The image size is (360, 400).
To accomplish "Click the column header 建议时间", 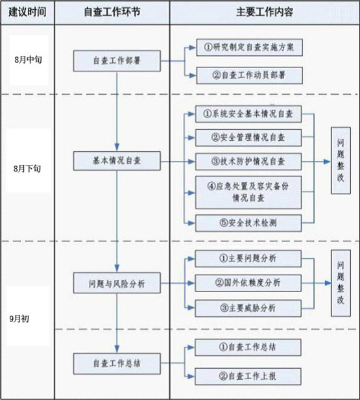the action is tap(27, 12).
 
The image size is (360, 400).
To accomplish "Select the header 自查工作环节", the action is tap(112, 12).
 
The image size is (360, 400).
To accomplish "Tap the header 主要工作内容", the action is tap(265, 12).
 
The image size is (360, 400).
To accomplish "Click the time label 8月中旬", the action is tap(28, 60).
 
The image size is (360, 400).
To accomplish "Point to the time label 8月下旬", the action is tap(27, 168).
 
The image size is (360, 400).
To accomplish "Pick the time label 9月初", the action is tap(19, 319).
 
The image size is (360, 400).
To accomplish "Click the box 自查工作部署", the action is tap(117, 61).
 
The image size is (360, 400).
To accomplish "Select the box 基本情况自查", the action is tap(117, 161).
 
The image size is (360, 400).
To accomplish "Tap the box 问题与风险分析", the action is tap(117, 283).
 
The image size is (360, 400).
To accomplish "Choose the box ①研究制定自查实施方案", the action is tap(250, 47).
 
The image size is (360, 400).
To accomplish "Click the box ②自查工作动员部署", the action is tap(250, 75).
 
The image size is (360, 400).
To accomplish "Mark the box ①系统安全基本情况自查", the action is tap(248, 114).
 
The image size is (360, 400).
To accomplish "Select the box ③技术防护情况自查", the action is tap(248, 162).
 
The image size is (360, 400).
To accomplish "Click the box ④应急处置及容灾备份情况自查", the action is tap(248, 192).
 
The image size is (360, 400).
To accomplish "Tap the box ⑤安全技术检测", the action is tap(248, 223).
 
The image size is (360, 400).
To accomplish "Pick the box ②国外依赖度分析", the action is tap(248, 283).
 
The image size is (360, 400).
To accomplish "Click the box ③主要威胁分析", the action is tap(248, 308).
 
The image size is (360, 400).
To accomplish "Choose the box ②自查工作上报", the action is tap(248, 376).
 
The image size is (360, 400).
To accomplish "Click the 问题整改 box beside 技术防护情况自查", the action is tap(341, 160).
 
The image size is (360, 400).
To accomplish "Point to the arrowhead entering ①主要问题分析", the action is tap(191, 258).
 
